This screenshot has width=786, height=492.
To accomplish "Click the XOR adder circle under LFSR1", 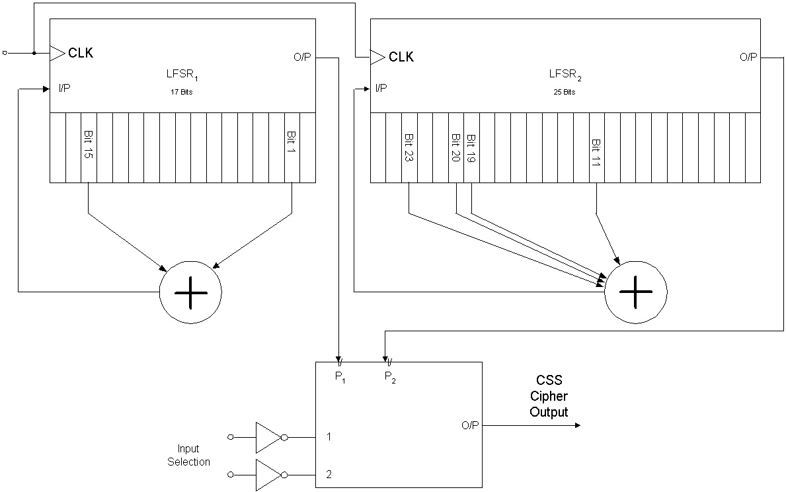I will click(x=190, y=292).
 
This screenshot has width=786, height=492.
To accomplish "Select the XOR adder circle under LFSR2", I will click(x=636, y=292).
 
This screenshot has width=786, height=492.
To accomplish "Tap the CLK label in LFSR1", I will click(x=81, y=54).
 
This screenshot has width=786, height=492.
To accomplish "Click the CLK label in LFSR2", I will click(x=401, y=57).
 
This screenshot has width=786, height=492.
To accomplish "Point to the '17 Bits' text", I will click(x=180, y=92).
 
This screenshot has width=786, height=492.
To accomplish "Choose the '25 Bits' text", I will click(x=565, y=92).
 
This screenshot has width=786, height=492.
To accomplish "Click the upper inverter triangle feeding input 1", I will click(x=268, y=437).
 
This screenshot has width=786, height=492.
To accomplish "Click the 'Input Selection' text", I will click(x=188, y=455).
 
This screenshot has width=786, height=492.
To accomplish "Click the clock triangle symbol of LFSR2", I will click(x=377, y=58).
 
